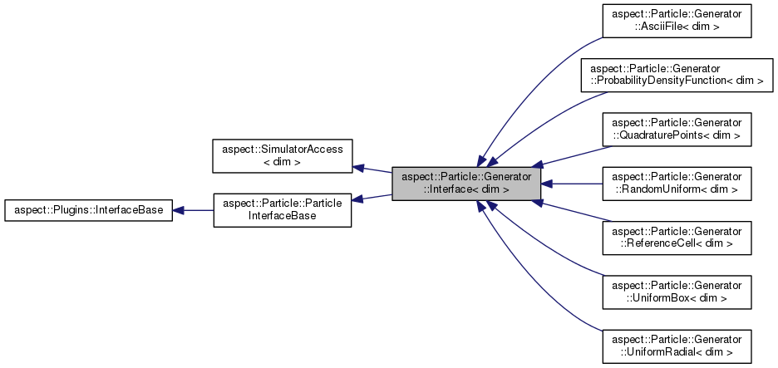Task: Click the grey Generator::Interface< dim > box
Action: coord(466,184)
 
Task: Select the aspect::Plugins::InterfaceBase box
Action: coord(88,210)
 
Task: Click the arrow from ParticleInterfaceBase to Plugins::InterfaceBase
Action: coord(193,210)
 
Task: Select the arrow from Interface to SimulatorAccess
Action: coord(373,169)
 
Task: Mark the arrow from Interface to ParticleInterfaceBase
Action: coord(373,197)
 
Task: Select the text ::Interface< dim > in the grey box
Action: coord(466,189)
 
